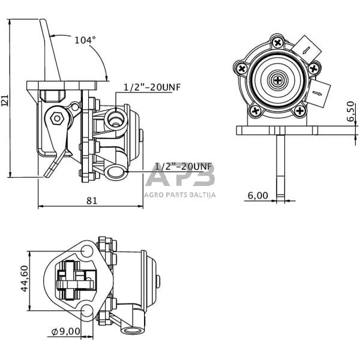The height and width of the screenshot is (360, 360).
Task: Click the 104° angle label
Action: (x=85, y=40)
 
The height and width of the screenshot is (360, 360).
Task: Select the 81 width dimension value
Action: (x=91, y=200)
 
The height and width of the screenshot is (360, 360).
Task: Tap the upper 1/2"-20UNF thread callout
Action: (x=152, y=87)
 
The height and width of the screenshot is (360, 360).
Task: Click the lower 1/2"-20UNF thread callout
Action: (x=184, y=166)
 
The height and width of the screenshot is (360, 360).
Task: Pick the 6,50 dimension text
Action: (x=350, y=112)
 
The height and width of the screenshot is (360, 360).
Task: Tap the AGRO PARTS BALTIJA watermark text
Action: (x=180, y=194)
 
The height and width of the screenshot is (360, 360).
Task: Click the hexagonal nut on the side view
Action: (x=57, y=118)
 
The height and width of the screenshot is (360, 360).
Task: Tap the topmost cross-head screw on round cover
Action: (x=277, y=43)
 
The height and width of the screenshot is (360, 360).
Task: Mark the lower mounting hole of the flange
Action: (x=88, y=311)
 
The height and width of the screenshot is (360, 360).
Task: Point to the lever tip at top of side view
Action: (x=44, y=22)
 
